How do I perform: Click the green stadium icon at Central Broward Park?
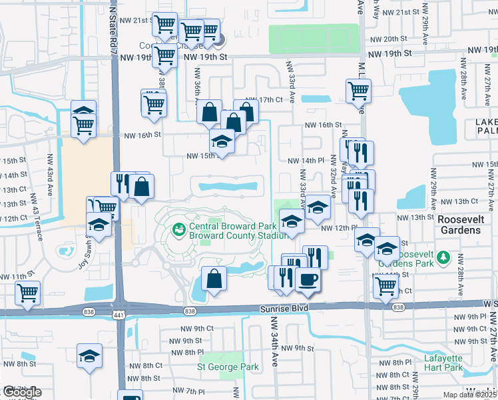(x=178, y=230)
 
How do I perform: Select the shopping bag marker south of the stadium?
(x=214, y=279)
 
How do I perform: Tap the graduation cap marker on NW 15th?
(x=222, y=140)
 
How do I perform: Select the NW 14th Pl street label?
(x=305, y=161)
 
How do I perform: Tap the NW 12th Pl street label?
(x=336, y=228)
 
